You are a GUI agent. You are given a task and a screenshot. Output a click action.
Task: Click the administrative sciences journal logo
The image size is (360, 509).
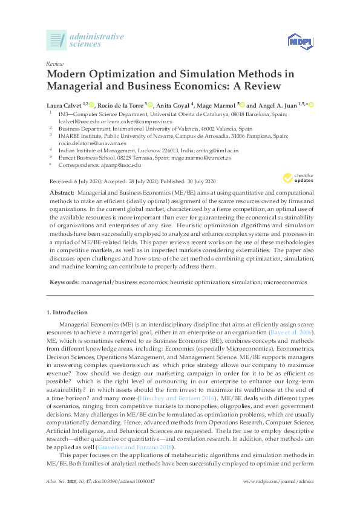(85, 40)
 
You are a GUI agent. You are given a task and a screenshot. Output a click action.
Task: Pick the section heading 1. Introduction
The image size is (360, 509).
(67, 313)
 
